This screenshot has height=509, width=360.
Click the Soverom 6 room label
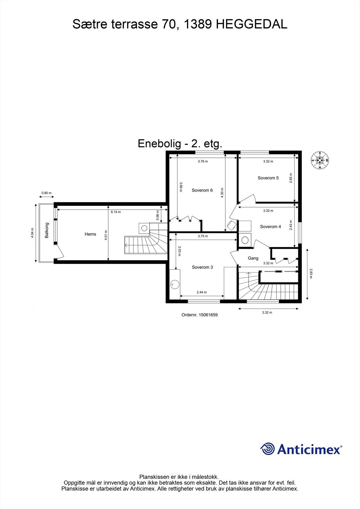click(x=202, y=190)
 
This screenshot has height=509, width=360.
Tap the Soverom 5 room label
click(x=268, y=178)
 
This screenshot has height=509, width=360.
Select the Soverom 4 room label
click(x=270, y=227)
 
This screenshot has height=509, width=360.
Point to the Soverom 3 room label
click(x=202, y=267)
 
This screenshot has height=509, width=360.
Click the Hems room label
click(x=90, y=234)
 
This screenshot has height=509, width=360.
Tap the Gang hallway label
click(x=253, y=258)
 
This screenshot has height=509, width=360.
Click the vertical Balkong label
click(x=47, y=230)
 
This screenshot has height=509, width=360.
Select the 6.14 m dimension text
click(x=116, y=212)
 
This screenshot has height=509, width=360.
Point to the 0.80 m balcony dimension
click(x=46, y=193)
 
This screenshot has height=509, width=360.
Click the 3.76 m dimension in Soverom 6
click(x=203, y=161)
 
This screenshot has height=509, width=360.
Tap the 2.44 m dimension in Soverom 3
click(x=202, y=292)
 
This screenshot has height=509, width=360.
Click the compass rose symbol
click(x=320, y=160)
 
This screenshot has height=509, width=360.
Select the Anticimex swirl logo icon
click(x=267, y=449)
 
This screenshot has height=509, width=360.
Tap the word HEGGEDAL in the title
click(x=252, y=24)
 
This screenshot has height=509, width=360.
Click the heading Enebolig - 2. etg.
click(x=180, y=143)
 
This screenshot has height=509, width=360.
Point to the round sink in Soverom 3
click(x=175, y=284)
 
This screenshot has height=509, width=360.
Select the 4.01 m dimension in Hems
click(x=106, y=236)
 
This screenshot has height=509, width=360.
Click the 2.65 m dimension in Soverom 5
click(x=291, y=178)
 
